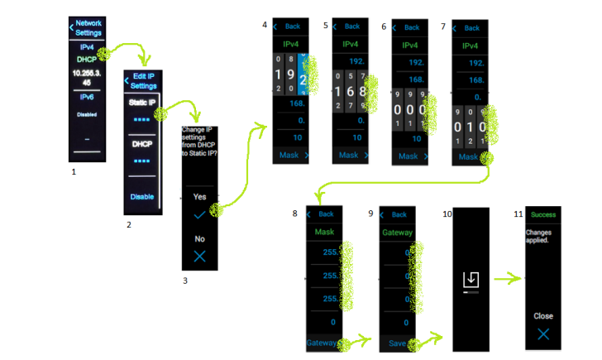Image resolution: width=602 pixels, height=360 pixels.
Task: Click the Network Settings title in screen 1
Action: coord(88,27)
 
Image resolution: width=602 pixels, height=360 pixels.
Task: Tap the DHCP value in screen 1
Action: coord(87,60)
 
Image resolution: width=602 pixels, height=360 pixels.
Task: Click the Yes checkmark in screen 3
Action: coord(199,214)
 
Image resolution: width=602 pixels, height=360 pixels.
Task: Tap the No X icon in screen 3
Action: coord(199,256)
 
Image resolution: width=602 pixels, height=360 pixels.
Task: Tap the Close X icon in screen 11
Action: coord(542,334)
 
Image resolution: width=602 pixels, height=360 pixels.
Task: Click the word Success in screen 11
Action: coord(543,214)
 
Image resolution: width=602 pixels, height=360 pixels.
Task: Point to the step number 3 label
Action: coord(185,281)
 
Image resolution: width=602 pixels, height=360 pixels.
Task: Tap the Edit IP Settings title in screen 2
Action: coord(143,81)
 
